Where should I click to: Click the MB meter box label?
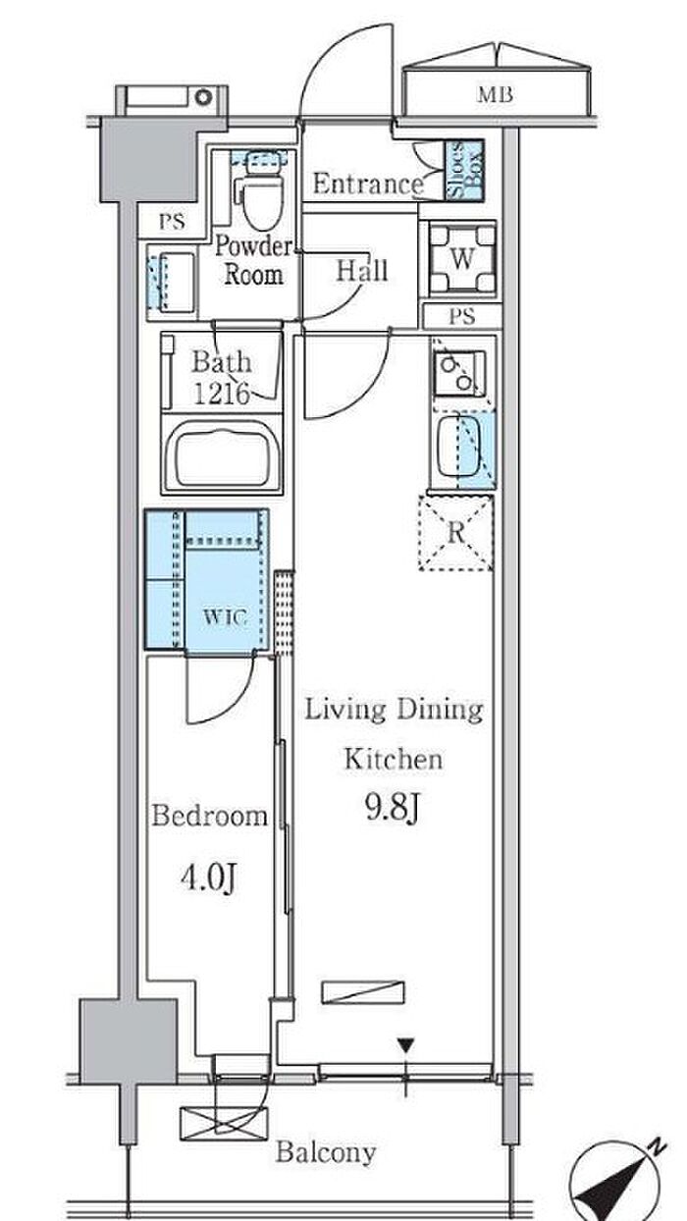[495, 95]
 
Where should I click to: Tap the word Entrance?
[368, 185]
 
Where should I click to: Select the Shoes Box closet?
[464, 170]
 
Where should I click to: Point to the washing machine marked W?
[462, 258]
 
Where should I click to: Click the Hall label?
[361, 270]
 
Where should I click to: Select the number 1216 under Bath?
[222, 393]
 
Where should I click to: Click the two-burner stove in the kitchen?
[459, 373]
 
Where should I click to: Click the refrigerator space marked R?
[455, 533]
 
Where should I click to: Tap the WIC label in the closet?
[225, 617]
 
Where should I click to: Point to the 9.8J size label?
[392, 809]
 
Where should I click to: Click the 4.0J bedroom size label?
[209, 878]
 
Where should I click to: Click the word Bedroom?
[210, 816]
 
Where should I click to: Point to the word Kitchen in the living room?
[393, 759]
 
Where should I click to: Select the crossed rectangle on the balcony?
[225, 1124]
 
